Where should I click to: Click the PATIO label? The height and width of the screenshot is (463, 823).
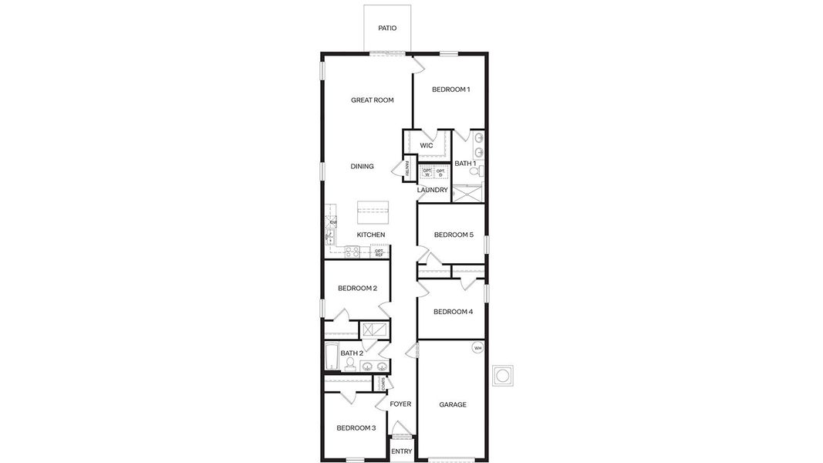click(387, 29)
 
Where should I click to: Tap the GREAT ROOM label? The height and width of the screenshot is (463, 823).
click(373, 100)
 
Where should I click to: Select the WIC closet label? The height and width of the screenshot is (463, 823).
click(427, 146)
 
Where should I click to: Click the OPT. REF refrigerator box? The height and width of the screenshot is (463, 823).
click(379, 252)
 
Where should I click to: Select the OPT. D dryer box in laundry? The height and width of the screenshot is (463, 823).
click(440, 172)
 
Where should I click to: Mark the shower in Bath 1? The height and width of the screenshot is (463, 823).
click(467, 193)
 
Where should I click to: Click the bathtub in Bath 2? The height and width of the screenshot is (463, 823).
click(332, 357)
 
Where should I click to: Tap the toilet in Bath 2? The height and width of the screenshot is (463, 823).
click(350, 363)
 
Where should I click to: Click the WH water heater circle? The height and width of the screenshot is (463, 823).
click(477, 348)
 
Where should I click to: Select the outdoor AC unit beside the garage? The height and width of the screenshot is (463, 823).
click(503, 375)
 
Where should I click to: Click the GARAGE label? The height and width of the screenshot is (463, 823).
click(453, 404)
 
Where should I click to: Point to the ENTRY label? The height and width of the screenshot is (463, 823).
click(401, 451)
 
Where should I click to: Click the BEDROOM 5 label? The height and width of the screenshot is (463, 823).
click(454, 235)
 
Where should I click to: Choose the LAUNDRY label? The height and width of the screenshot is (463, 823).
click(432, 190)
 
